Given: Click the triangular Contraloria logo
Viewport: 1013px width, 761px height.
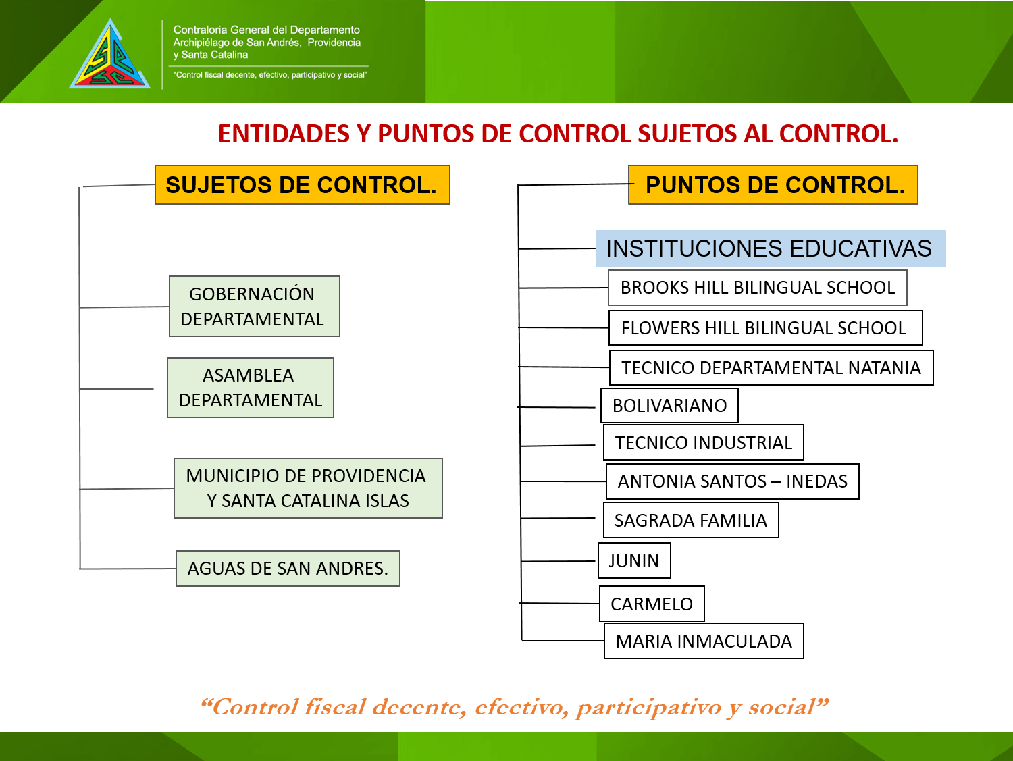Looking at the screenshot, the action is click(110, 55).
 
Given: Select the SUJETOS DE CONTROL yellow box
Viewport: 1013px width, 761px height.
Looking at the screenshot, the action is click(303, 184).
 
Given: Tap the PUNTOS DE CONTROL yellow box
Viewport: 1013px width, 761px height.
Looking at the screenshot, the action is click(773, 184).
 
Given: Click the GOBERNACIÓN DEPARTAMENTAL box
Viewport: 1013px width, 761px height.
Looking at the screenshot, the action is click(255, 307).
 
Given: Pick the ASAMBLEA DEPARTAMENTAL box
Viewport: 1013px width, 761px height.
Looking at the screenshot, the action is click(250, 388).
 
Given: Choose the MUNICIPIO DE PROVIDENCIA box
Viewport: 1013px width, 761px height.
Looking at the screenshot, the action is click(308, 488).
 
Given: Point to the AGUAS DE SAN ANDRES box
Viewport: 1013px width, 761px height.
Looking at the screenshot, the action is click(288, 569).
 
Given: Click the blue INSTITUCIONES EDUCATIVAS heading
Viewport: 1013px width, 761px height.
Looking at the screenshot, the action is click(771, 248).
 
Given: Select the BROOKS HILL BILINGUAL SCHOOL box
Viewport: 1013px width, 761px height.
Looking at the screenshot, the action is click(757, 288).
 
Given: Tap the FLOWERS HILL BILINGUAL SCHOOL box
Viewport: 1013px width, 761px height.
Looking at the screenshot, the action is click(766, 327).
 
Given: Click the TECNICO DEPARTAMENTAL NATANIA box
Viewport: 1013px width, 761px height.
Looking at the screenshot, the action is click(771, 368).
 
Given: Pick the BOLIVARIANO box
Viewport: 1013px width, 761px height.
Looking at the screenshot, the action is click(669, 406).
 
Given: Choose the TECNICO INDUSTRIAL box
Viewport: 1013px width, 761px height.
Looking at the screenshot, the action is click(703, 442).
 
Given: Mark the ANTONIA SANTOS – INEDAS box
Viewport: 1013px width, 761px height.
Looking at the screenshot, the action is click(733, 481).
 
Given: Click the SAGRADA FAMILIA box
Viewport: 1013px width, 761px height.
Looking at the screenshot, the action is click(691, 520).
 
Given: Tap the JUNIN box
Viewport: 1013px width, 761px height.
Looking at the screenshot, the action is click(634, 560).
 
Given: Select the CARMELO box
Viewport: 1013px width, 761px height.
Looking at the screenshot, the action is click(652, 604).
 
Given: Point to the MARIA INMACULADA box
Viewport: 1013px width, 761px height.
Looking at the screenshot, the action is click(704, 641).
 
